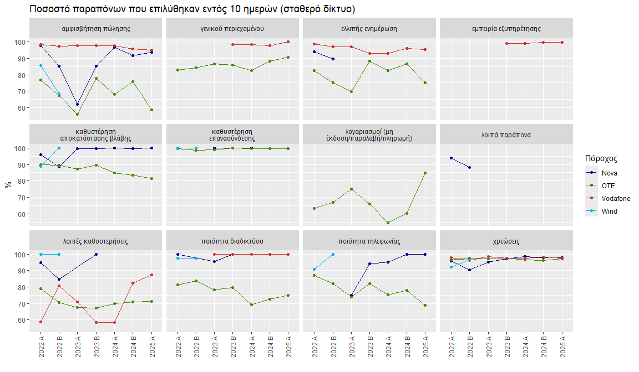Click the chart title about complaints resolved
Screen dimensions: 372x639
[x=192, y=9]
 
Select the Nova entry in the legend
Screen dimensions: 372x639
[x=610, y=173]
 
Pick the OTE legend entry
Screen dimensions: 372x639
[x=608, y=185]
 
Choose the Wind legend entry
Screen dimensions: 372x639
[x=610, y=211]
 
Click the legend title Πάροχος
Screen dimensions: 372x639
[x=601, y=159]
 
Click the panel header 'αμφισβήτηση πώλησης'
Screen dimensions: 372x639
[x=97, y=28]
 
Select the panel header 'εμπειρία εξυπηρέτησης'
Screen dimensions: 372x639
[x=506, y=28]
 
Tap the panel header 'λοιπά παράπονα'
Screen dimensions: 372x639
[x=506, y=135]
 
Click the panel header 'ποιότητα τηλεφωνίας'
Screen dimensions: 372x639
[x=369, y=241]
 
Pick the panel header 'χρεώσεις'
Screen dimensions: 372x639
[x=506, y=241]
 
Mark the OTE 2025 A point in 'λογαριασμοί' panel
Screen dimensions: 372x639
[x=425, y=173]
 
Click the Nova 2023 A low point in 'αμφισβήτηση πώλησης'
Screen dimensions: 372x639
[x=78, y=104]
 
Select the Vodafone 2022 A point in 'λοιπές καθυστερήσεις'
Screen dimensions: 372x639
[x=40, y=322]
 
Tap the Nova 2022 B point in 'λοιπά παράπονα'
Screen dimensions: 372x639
[x=470, y=167]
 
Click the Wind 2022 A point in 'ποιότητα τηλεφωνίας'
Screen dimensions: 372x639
[x=314, y=270]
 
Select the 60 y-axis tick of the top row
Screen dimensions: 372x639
[x=20, y=108]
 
